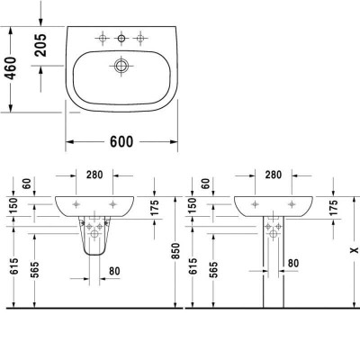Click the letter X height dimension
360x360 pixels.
point(337,255)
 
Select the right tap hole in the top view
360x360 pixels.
point(141,38)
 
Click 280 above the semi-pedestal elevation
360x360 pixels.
point(96,175)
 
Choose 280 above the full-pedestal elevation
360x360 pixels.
point(274,175)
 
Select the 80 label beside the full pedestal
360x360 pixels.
point(292,263)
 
